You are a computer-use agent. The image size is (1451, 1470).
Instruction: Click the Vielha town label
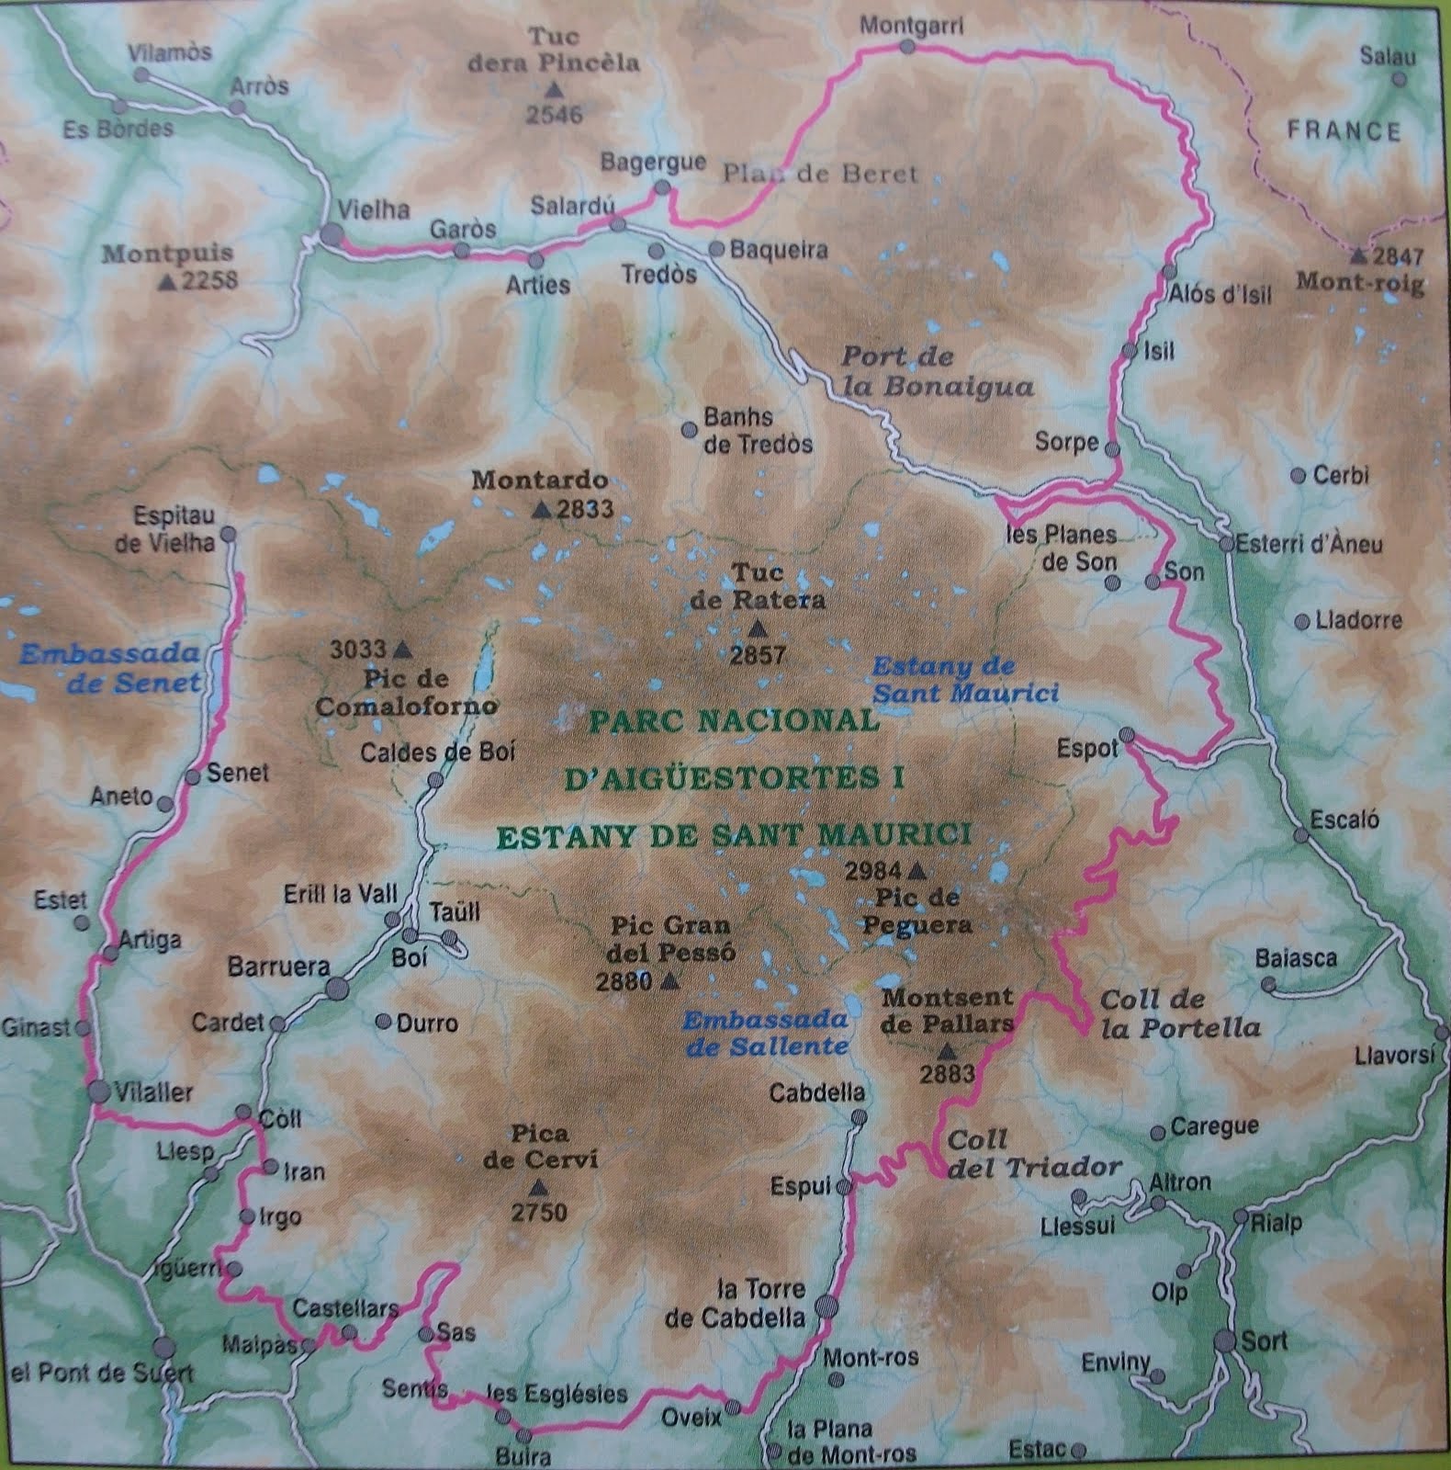pyautogui.click(x=373, y=209)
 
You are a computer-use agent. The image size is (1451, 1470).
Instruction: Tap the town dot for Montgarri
pyautogui.click(x=907, y=46)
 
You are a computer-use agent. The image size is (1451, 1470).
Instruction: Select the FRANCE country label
pyautogui.click(x=1344, y=130)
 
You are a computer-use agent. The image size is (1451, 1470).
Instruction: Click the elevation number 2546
pyautogui.click(x=554, y=115)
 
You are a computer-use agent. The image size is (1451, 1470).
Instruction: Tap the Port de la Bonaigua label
pyautogui.click(x=937, y=372)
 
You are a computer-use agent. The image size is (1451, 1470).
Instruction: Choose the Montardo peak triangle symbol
pyautogui.click(x=543, y=508)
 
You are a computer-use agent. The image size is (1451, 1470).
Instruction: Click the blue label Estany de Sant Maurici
pyautogui.click(x=964, y=679)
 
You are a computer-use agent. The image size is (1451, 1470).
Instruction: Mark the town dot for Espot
pyautogui.click(x=1128, y=735)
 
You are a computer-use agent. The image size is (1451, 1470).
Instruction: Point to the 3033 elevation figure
pyautogui.click(x=358, y=650)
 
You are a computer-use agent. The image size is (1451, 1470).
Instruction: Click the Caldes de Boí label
pyautogui.click(x=437, y=752)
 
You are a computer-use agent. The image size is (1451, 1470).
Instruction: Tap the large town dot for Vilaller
pyautogui.click(x=99, y=1091)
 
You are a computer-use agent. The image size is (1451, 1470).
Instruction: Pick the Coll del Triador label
pyautogui.click(x=1034, y=1154)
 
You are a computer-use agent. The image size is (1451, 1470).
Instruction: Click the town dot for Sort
pyautogui.click(x=1224, y=1340)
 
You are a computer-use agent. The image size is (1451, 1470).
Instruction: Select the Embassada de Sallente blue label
pyautogui.click(x=766, y=1033)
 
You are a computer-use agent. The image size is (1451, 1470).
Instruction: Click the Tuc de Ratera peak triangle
pyautogui.click(x=758, y=629)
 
